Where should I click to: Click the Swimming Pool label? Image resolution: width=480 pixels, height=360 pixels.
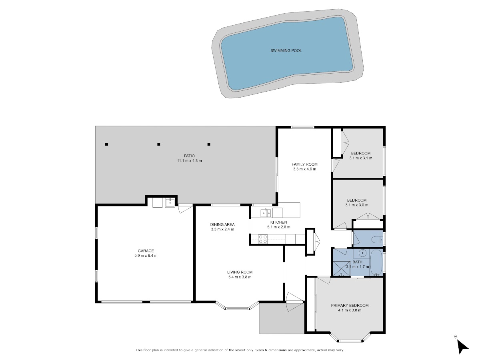click(286, 50)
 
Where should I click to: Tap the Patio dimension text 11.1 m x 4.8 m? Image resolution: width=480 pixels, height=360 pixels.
click(189, 161)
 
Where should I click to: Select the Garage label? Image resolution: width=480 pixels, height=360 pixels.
click(146, 251)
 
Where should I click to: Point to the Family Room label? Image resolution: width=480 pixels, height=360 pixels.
click(304, 164)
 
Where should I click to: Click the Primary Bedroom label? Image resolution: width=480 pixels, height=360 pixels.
click(350, 305)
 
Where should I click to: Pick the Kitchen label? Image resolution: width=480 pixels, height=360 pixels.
click(278, 222)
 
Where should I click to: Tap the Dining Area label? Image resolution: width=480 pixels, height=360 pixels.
click(222, 224)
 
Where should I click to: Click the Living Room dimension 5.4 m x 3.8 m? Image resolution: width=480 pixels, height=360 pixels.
click(240, 277)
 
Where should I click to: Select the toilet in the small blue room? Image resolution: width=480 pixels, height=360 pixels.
click(377, 240)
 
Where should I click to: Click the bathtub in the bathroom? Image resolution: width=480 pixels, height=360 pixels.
click(376, 263)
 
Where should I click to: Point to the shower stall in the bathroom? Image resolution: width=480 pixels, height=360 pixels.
click(341, 269)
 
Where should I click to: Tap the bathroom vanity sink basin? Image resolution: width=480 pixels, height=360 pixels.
click(362, 253)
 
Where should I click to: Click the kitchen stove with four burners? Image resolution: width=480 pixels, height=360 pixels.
click(263, 239)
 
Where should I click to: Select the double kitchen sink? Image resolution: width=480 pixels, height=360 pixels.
click(266, 213)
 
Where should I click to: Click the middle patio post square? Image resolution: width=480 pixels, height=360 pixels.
click(159, 144)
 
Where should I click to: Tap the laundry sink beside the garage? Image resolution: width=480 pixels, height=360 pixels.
click(170, 203)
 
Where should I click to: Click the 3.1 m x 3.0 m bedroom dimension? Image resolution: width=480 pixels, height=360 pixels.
click(357, 205)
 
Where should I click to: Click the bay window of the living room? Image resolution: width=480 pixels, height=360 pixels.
click(237, 306)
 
